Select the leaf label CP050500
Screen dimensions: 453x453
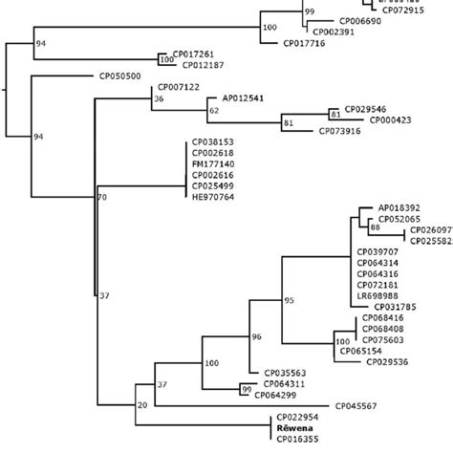pyautogui.click(x=120, y=75)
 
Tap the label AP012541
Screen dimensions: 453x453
pyautogui.click(x=244, y=97)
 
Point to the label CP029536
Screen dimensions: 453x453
pyautogui.click(x=387, y=361)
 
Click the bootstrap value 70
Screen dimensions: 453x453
pyautogui.click(x=102, y=198)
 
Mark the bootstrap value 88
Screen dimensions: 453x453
pyautogui.click(x=376, y=228)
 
